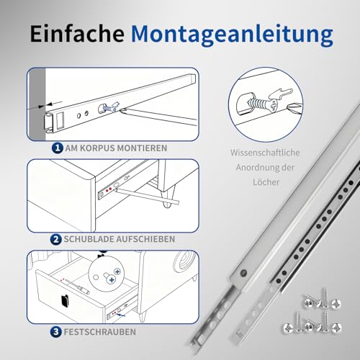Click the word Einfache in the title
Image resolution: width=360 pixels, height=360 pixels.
[x=80, y=35]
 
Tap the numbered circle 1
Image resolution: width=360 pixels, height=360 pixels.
[x=56, y=148]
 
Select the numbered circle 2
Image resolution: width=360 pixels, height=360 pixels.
[x=56, y=238]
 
